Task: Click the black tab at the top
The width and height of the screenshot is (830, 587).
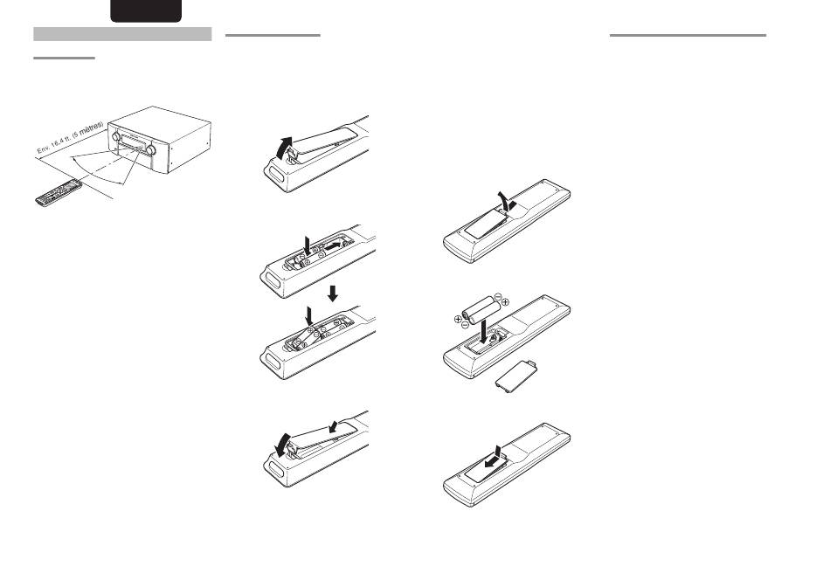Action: (146, 10)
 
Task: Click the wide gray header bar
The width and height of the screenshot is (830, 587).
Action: (122, 34)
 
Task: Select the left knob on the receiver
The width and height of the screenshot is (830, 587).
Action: (115, 136)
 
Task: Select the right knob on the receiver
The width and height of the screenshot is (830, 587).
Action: (150, 149)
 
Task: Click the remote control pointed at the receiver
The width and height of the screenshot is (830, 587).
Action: (59, 193)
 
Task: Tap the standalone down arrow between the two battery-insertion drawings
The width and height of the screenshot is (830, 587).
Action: (333, 293)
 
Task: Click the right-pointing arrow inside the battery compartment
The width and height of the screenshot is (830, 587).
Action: (335, 246)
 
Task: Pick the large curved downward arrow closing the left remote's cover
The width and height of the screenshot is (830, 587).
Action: (284, 445)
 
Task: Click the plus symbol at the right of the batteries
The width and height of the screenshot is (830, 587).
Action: (505, 301)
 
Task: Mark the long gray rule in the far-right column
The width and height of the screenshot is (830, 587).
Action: (688, 36)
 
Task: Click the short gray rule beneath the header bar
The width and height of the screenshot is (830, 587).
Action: (64, 58)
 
